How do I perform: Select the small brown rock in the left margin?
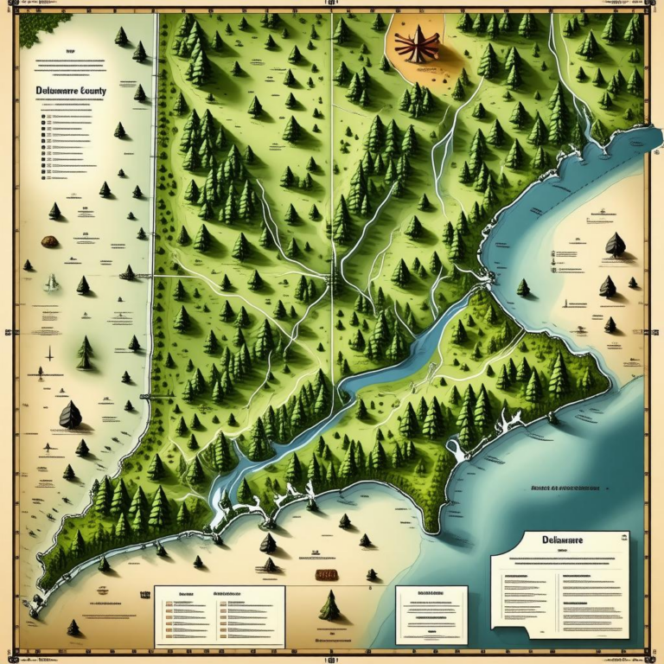(50, 241)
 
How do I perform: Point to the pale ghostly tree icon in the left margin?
(52, 282)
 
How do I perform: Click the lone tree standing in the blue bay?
(523, 287)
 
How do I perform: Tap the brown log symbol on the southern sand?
(325, 574)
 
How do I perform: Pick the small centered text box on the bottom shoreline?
(431, 615)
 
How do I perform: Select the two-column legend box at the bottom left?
(219, 615)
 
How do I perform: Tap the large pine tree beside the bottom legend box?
(329, 607)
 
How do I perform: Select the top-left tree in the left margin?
(121, 36)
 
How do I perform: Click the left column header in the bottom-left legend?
(184, 596)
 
